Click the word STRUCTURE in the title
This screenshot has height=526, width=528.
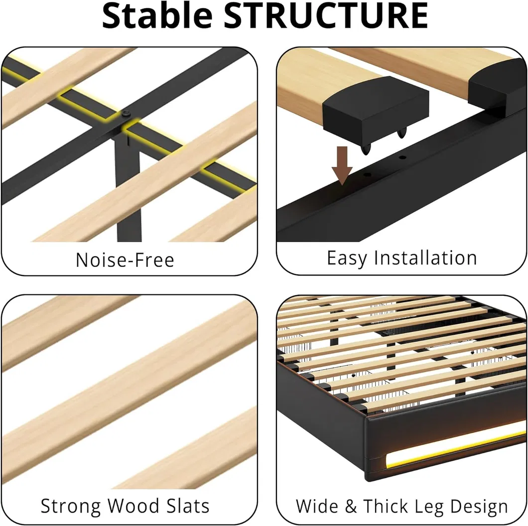326,15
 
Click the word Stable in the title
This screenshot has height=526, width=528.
157,15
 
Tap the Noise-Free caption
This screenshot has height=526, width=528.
125,260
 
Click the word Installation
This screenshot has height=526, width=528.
425,258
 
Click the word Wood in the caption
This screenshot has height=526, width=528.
133,506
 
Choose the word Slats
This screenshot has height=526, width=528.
188,506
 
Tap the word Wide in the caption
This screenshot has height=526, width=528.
317,506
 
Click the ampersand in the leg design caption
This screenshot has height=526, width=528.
351,506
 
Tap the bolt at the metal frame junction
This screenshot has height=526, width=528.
127,114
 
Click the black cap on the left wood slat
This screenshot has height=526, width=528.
376,106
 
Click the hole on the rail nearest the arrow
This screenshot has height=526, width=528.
367,175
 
